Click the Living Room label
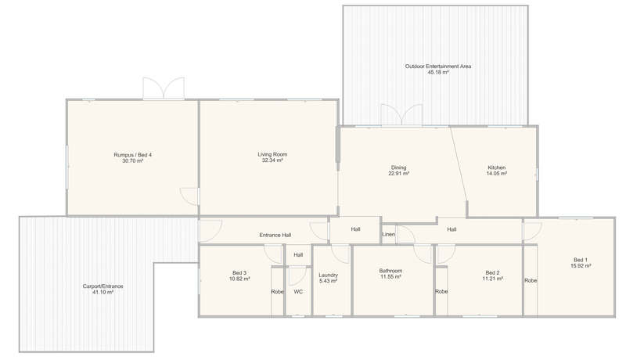272,154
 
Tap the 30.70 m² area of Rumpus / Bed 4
132,161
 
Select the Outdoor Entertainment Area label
438,67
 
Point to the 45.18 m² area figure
438,72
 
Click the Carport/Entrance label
103,286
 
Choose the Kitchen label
497,167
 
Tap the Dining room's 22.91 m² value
398,174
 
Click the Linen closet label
388,234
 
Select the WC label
298,292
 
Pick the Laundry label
328,275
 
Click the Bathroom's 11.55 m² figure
390,276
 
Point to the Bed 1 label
581,259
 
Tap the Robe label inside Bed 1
531,281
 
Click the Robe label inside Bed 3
277,292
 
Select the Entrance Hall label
275,235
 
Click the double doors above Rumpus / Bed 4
164,88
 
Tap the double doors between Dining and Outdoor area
401,115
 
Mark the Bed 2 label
492,272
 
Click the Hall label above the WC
298,255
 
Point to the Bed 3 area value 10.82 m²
239,279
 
